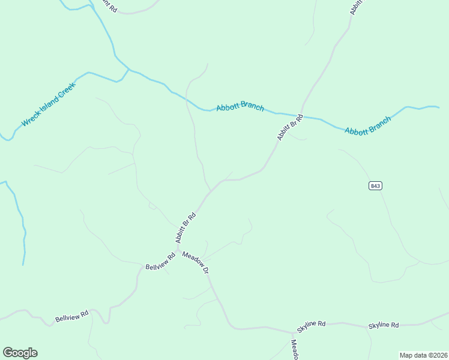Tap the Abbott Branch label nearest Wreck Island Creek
[x=240, y=107]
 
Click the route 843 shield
[x=375, y=186]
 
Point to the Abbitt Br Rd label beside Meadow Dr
[x=185, y=227]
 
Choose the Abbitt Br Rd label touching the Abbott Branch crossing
[x=289, y=127]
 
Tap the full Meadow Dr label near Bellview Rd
[x=196, y=262]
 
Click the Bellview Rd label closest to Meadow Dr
[x=160, y=262]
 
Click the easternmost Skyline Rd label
[x=384, y=325]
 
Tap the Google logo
[x=20, y=353]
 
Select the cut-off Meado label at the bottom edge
[x=295, y=350]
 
